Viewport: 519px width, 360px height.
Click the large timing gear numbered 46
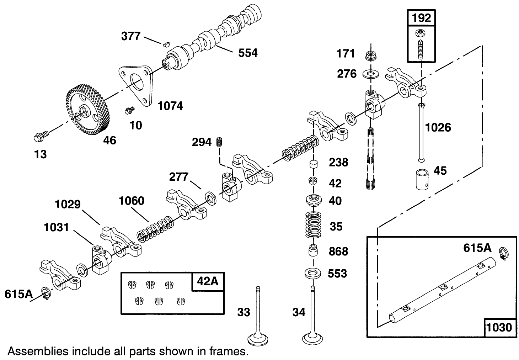pyautogui.click(x=87, y=112)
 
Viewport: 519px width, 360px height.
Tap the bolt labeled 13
pyautogui.click(x=39, y=136)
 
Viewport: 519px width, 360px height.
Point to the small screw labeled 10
pyautogui.click(x=128, y=111)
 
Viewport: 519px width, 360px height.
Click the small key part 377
pyautogui.click(x=165, y=44)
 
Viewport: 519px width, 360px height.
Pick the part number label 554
pyautogui.click(x=247, y=53)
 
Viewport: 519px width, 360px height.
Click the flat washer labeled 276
pyautogui.click(x=371, y=74)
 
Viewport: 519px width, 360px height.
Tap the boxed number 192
pyautogui.click(x=421, y=18)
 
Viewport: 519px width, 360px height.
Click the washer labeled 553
pyautogui.click(x=313, y=274)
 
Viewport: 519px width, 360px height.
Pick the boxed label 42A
pyautogui.click(x=208, y=281)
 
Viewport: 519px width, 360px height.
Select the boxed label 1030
pyautogui.click(x=499, y=327)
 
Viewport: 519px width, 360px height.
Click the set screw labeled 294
pyautogui.click(x=219, y=142)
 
